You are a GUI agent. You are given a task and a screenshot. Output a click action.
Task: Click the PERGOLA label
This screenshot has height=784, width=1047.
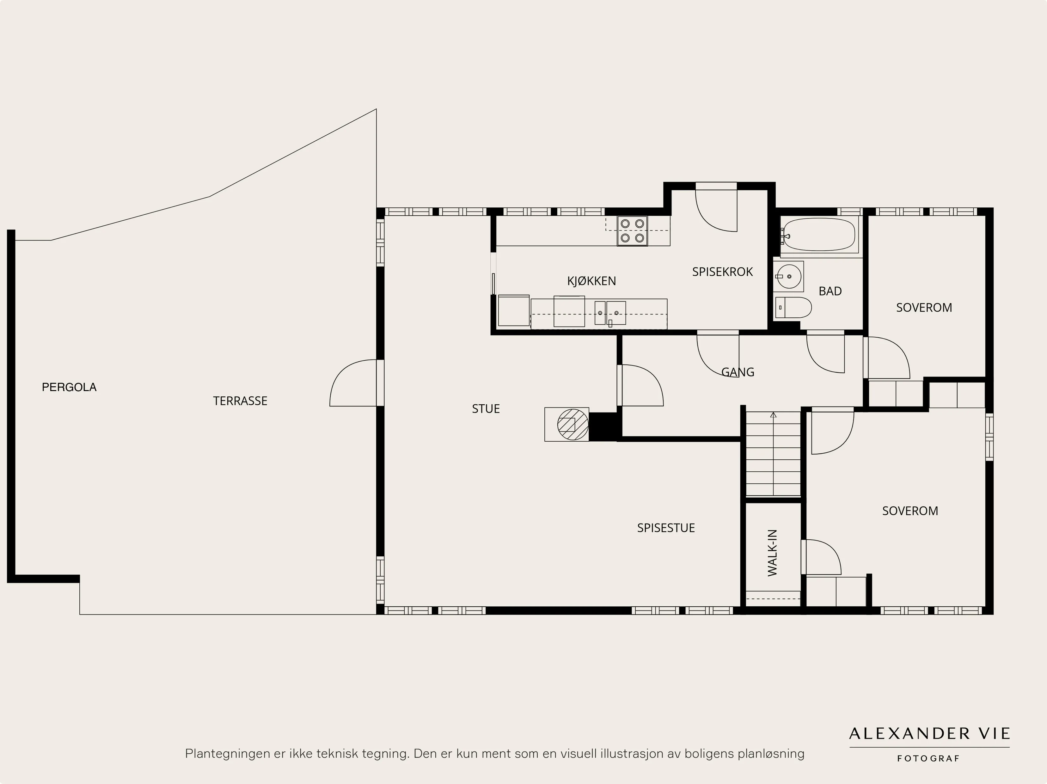coord(69,387)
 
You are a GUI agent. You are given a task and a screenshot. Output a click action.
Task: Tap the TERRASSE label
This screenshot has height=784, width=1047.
coord(240,401)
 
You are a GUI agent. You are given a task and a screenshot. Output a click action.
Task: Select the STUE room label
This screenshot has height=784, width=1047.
coord(486,408)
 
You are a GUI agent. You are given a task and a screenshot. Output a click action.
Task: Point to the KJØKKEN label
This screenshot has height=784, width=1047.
coord(592,281)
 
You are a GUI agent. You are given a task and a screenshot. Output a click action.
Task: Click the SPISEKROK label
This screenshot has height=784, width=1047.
coord(722,272)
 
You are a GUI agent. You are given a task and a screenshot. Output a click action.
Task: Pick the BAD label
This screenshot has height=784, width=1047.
coord(830,291)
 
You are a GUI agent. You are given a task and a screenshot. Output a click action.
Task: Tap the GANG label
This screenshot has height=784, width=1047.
coord(738,372)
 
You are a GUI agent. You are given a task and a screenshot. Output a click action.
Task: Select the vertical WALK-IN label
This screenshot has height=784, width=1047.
coord(773,553)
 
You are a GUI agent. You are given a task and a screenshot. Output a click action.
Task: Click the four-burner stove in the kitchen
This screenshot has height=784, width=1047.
coord(632,231)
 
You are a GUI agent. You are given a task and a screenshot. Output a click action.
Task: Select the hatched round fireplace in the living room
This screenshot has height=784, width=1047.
coord(573,424)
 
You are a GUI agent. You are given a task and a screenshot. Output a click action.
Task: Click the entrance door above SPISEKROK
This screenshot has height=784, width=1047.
coord(716,208)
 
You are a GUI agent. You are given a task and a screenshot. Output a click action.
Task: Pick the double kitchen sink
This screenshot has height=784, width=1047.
coord(610,313)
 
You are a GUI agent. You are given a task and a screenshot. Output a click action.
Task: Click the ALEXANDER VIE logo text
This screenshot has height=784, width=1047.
coord(929,734)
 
